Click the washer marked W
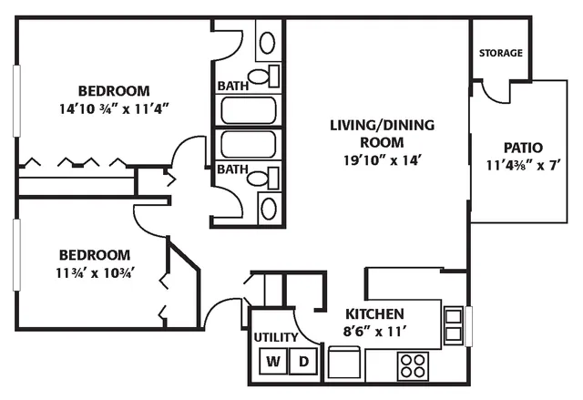tap(273, 361)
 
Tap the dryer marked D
tap(303, 361)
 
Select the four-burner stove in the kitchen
tap(413, 365)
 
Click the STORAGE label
tap(500, 53)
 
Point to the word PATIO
tap(523, 148)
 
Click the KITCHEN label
tap(374, 314)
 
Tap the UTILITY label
tap(276, 337)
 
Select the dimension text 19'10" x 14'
tap(382, 160)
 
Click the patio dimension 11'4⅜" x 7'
tap(523, 165)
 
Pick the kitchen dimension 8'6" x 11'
tap(373, 332)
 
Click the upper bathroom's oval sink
tap(267, 43)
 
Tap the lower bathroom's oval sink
tap(268, 208)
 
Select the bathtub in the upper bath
tap(249, 110)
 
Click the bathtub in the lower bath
tap(249, 144)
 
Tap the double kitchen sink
tap(454, 325)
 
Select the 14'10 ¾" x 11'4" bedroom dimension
tap(114, 109)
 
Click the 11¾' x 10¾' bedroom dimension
tap(95, 273)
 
